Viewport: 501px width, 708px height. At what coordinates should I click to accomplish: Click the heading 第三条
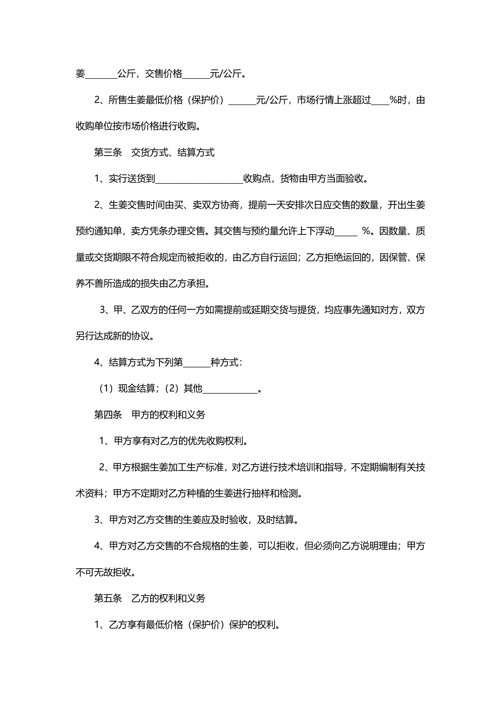[108, 152]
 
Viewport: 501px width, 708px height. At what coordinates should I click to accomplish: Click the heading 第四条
[108, 415]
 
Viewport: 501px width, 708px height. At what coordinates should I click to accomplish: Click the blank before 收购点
[199, 179]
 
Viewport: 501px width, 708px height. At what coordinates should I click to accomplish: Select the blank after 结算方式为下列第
[196, 363]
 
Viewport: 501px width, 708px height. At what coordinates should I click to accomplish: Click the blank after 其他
[230, 389]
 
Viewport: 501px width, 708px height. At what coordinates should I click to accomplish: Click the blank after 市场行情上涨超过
[380, 100]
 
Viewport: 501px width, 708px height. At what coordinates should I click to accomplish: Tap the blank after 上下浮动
[346, 232]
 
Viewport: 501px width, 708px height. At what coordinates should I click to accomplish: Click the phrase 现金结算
[137, 389]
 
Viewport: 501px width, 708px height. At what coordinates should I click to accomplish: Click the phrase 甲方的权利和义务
[168, 415]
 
